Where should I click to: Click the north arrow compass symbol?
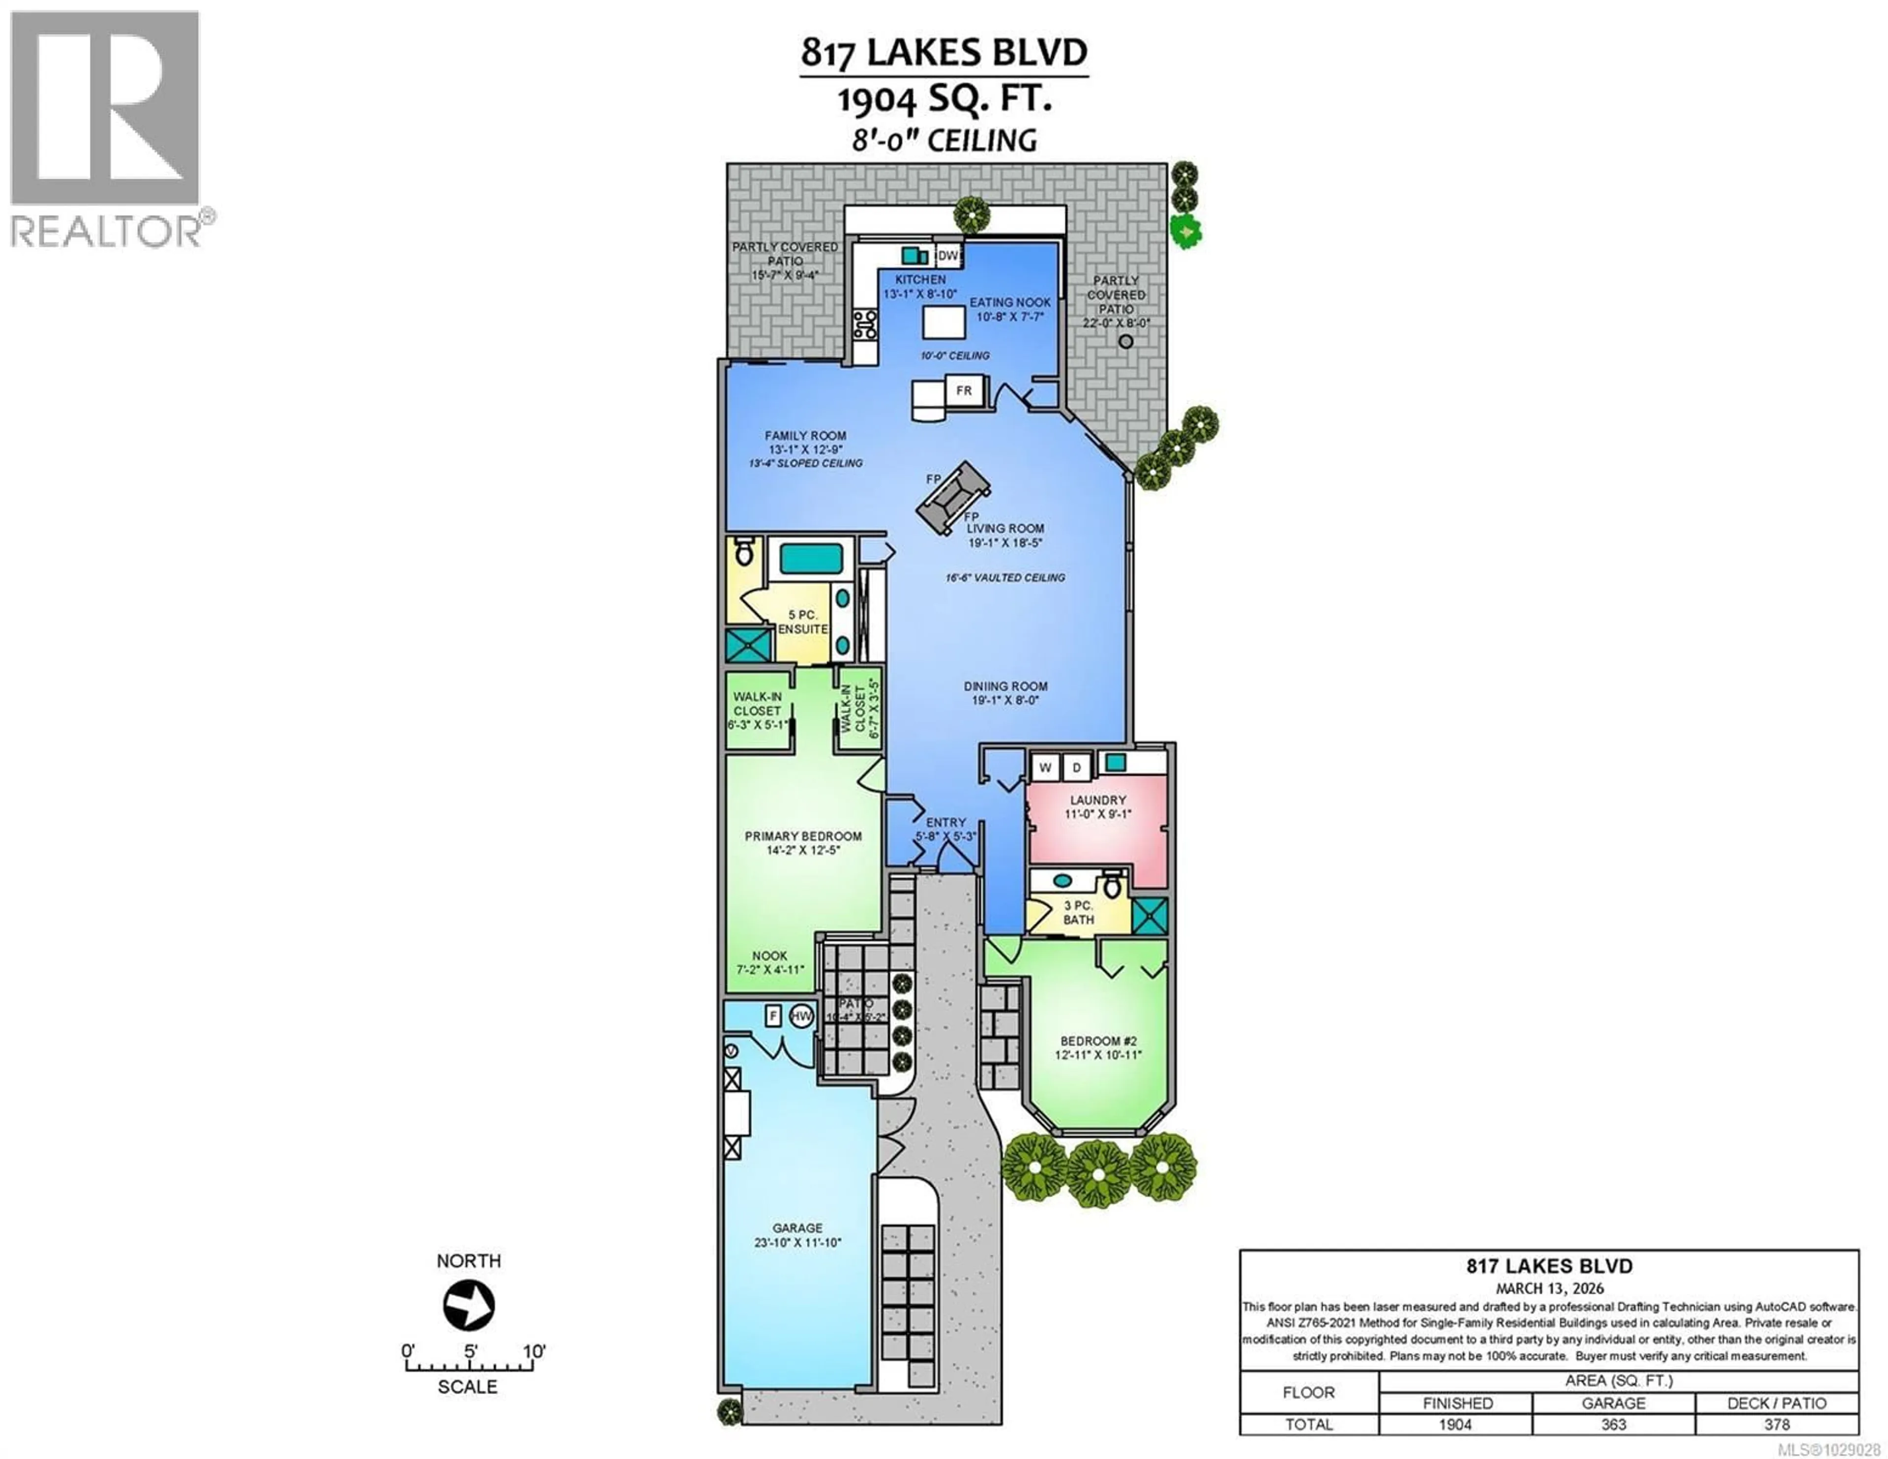[469, 1305]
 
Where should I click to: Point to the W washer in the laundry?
[1045, 767]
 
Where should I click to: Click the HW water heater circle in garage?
[801, 1016]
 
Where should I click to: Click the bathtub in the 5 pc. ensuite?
[811, 560]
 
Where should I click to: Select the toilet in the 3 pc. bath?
[1113, 887]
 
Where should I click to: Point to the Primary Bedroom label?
[803, 836]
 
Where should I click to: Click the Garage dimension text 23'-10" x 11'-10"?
[797, 1243]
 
